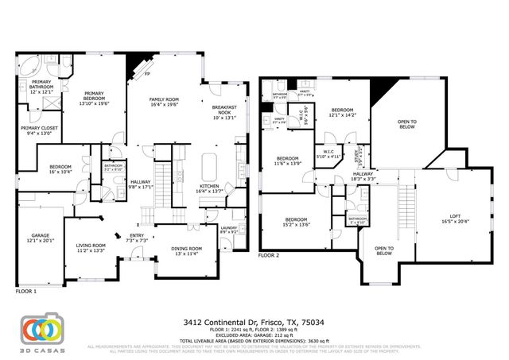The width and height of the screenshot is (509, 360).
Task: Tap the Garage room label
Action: pyautogui.click(x=41, y=238)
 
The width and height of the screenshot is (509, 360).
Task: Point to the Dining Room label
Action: pyautogui.click(x=187, y=251)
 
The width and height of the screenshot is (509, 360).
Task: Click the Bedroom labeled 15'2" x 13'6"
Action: pyautogui.click(x=296, y=222)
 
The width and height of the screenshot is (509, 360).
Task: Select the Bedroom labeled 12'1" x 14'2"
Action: pyautogui.click(x=342, y=112)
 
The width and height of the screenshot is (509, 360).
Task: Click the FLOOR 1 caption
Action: pyautogui.click(x=26, y=292)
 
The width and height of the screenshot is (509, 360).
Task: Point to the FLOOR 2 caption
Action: pyautogui.click(x=269, y=256)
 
